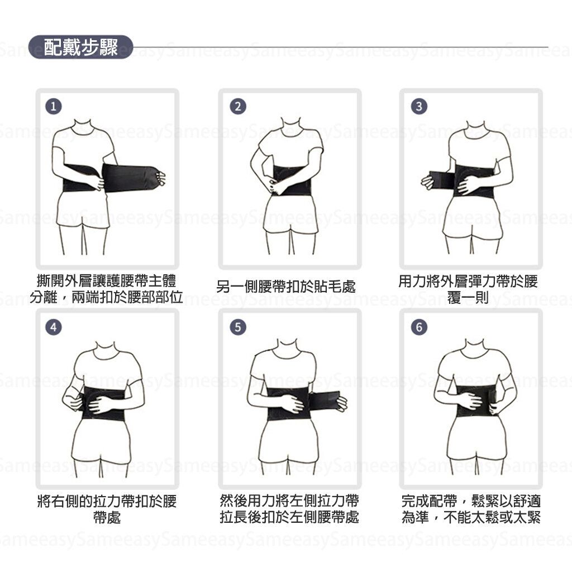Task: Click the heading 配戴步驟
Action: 80,47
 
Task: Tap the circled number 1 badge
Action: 54,107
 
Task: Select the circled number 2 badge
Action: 238,107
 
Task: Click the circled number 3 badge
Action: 419,107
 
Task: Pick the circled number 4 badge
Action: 54,327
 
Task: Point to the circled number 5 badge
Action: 238,327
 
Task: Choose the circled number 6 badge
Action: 419,327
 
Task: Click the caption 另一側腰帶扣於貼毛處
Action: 286,287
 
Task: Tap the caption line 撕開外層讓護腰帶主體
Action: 107,281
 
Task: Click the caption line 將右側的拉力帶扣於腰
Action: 107,501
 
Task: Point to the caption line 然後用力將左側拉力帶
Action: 289,500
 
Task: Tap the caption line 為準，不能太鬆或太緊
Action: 471,517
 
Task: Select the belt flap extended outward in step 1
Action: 131,178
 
